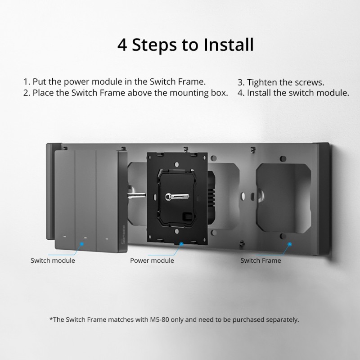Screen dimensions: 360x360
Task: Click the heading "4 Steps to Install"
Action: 185,45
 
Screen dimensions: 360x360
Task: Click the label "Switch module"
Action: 53,261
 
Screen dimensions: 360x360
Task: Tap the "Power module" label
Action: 152,261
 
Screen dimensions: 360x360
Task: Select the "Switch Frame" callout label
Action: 261,261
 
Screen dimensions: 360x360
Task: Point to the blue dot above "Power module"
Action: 181,243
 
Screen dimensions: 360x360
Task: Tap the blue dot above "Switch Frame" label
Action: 289,243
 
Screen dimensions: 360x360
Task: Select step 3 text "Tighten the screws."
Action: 281,83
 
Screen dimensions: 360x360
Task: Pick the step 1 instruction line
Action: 115,82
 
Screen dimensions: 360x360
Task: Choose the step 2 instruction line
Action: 126,94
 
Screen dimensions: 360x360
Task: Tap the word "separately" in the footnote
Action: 281,320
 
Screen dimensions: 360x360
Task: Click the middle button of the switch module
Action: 85,198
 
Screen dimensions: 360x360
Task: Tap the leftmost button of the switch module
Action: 65,198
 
